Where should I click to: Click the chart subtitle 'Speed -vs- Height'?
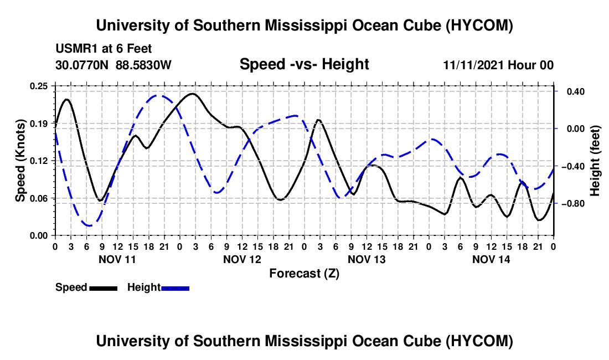(304, 64)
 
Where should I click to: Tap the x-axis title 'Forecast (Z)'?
(304, 274)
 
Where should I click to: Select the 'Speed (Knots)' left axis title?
(20, 161)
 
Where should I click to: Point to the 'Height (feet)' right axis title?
(595, 161)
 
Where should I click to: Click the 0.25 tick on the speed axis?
(39, 86)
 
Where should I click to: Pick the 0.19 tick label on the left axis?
(39, 124)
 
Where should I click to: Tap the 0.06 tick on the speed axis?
(39, 198)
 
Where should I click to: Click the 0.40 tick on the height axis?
(576, 91)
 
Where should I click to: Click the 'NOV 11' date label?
(117, 259)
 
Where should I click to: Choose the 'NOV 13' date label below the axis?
(367, 259)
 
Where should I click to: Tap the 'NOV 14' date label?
(491, 259)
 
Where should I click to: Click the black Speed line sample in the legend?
(104, 288)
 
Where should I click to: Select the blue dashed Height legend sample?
(175, 288)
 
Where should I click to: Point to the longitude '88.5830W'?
(143, 65)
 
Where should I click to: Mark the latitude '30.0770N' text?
(82, 65)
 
